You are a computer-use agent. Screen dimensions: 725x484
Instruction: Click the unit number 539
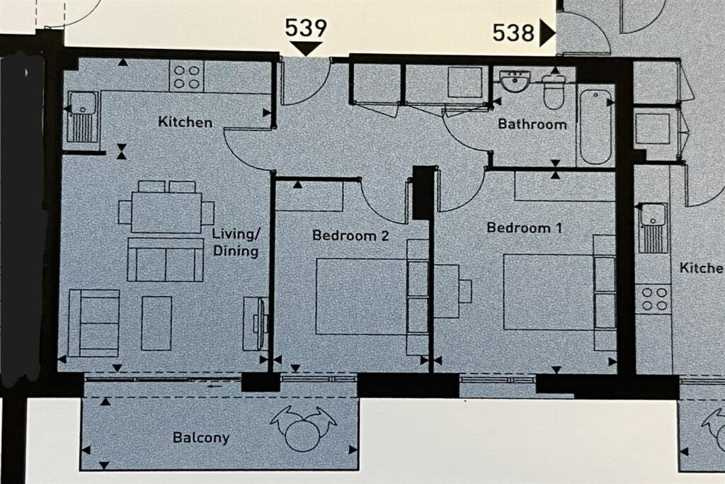coord(305,28)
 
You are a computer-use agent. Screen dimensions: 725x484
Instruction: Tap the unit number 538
coord(513,33)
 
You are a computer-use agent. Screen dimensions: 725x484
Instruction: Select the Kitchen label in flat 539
coord(185,122)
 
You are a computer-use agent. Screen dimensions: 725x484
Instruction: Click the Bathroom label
coord(532,124)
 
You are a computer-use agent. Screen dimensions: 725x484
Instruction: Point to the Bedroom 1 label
coord(525,227)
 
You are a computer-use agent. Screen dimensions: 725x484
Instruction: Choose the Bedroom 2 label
coord(350,235)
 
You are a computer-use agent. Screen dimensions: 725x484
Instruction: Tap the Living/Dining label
coord(236,242)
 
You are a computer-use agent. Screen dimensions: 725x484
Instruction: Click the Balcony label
coord(201,438)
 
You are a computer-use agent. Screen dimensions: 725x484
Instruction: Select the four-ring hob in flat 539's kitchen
coord(187,77)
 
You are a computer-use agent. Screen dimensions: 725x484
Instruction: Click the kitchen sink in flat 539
coord(83,117)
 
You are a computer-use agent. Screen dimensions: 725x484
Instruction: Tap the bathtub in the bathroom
coord(595,127)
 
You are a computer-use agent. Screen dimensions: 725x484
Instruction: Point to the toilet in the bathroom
coord(554,91)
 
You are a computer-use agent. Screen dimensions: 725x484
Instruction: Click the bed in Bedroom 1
coord(559,291)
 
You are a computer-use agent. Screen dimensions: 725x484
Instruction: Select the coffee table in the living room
coord(156,323)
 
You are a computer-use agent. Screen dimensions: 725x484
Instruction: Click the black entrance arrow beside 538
coord(548,33)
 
